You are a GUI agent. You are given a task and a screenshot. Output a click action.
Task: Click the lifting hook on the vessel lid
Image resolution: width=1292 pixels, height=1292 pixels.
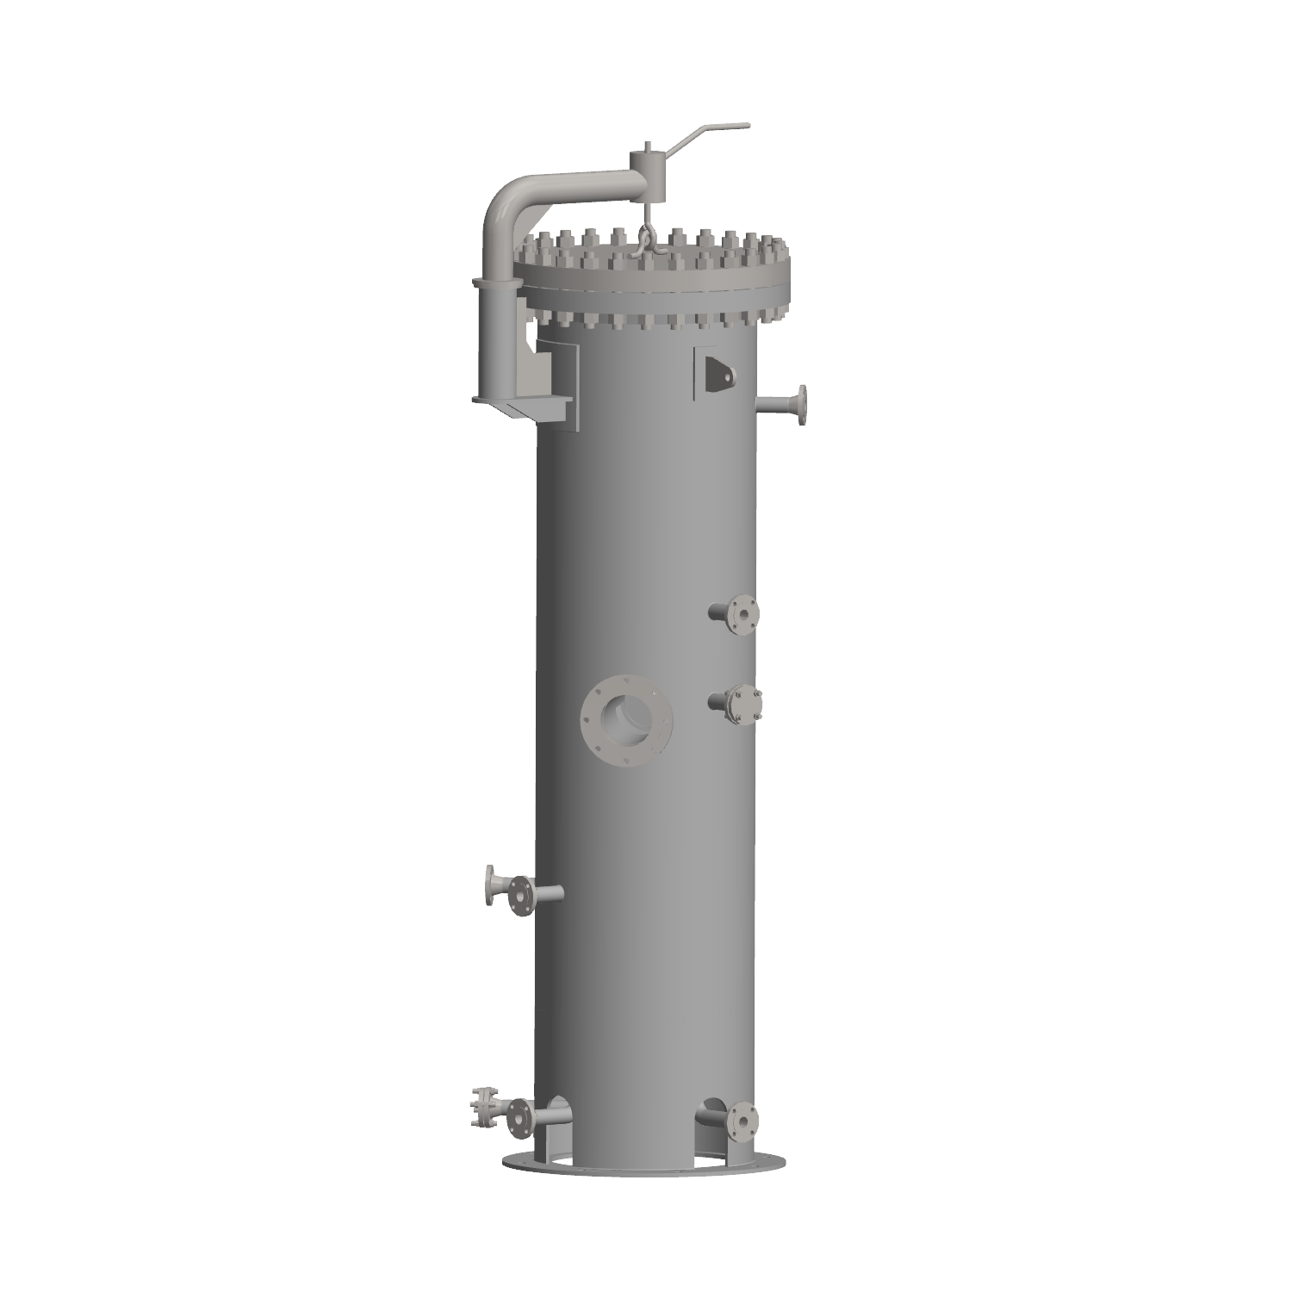click(645, 240)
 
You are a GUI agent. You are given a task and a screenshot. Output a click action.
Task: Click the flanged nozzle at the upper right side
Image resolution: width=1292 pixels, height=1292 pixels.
click(801, 405)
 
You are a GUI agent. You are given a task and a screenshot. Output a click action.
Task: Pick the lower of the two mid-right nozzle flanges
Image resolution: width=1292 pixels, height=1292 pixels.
click(742, 703)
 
